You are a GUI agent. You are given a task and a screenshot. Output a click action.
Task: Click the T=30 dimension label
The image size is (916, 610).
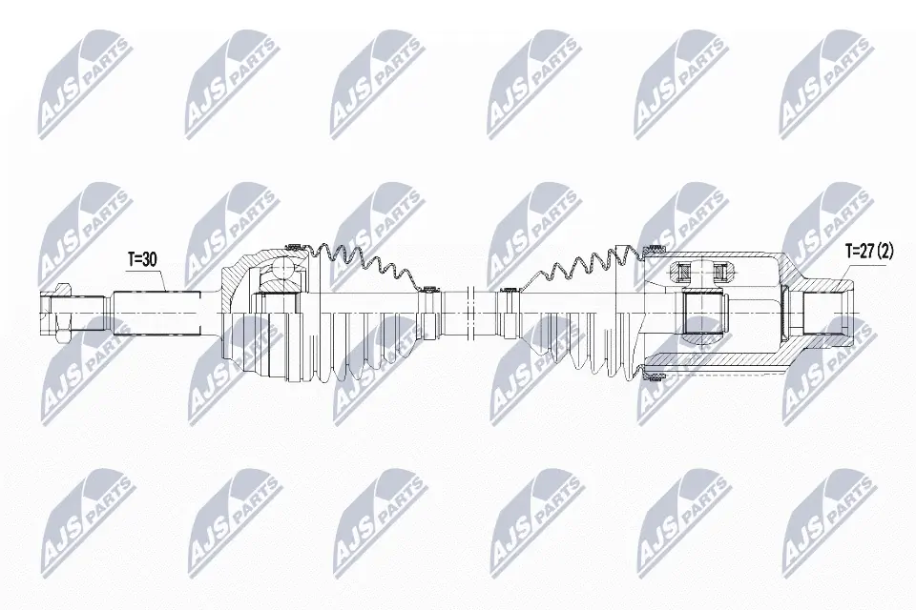[145, 259]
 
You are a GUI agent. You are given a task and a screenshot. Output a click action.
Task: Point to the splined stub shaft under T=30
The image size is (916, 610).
[157, 311]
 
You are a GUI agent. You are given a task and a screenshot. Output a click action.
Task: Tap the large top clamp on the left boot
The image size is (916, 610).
[293, 245]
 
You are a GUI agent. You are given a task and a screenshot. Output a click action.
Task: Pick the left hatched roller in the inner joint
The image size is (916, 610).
[681, 273]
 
